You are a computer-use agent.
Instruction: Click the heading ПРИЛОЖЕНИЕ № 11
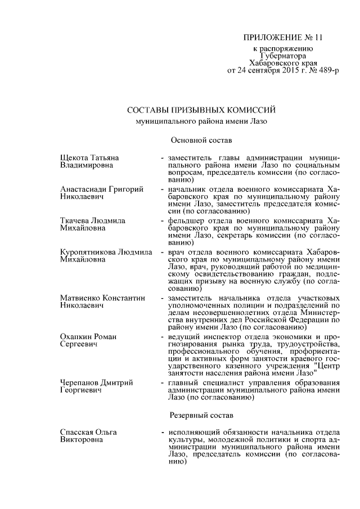pos(283,38)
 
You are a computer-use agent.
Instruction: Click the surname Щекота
pos(75,157)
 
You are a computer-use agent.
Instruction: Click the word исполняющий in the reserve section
pos(191,431)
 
